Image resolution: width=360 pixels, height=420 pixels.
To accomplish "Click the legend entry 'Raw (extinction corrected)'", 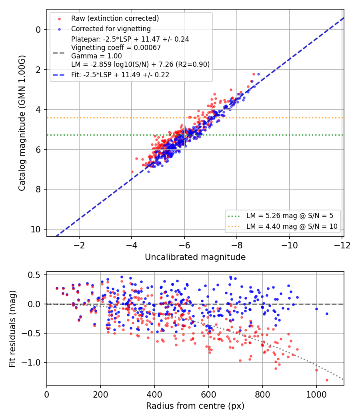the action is pyautogui.click(x=115, y=18).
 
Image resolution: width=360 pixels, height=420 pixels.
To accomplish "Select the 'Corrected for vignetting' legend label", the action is pyautogui.click(x=111, y=29).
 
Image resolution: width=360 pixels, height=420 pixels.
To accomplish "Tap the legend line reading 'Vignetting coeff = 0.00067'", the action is pyautogui.click(x=116, y=48).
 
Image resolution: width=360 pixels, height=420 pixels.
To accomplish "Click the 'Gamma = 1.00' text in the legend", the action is pyautogui.click(x=96, y=56).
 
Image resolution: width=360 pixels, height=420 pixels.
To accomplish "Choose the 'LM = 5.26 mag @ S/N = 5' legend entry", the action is pyautogui.click(x=290, y=216).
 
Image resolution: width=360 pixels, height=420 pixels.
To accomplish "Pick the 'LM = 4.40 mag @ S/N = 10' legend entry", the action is pyautogui.click(x=292, y=226).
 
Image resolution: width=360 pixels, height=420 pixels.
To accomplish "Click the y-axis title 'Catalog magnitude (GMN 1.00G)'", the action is pyautogui.click(x=22, y=123).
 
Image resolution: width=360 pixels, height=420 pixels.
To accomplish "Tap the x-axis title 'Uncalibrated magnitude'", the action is pyautogui.click(x=195, y=257).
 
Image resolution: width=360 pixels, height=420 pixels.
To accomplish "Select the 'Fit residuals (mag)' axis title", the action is pyautogui.click(x=12, y=329).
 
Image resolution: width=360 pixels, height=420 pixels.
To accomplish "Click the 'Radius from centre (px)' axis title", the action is pyautogui.click(x=195, y=406).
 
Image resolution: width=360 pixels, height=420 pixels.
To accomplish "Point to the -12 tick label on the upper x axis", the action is pyautogui.click(x=342, y=245).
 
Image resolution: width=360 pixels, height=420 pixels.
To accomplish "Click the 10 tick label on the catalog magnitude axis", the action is pyautogui.click(x=36, y=230).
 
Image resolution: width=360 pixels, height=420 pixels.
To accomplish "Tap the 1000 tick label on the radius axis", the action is pyautogui.click(x=316, y=394).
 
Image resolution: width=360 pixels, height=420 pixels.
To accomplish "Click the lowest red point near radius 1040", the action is pyautogui.click(x=327, y=380).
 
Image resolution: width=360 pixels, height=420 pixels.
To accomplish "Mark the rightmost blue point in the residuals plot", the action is pyautogui.click(x=327, y=314).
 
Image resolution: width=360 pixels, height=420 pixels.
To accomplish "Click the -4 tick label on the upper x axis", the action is pyautogui.click(x=131, y=245).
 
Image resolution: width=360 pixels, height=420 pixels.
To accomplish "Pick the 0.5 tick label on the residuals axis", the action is pyautogui.click(x=34, y=275).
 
